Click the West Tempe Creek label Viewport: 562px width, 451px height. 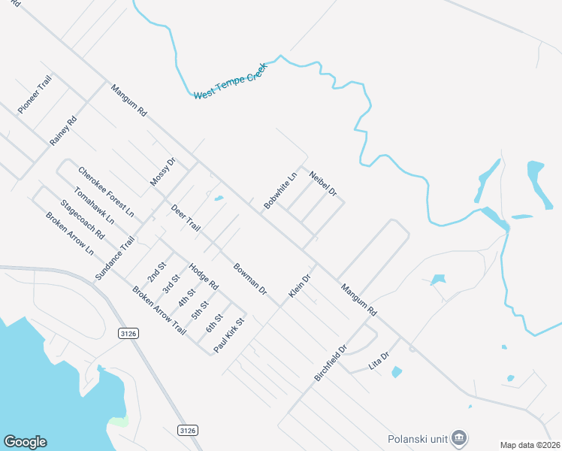pos(231,81)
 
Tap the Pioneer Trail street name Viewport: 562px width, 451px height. pos(35,94)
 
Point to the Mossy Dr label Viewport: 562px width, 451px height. pos(162,172)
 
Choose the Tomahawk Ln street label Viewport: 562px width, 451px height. pos(95,205)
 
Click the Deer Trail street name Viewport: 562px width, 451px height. pos(186,217)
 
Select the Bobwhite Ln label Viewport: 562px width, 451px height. pos(280,190)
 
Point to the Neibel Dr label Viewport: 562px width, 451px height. pos(322,183)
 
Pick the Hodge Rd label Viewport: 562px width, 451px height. pos(203,277)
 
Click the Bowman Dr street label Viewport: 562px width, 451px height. pos(250,278)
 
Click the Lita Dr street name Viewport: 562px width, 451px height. pos(379,360)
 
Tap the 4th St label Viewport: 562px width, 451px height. pos(186,298)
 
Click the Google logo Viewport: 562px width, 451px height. pos(25,442)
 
